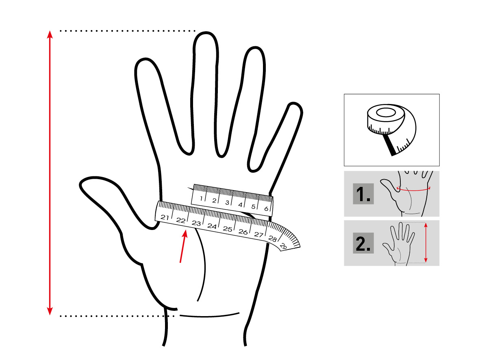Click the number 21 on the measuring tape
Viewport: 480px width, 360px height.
pos(165,217)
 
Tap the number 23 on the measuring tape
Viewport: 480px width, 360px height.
pos(196,223)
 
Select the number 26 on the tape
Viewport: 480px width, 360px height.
pos(243,232)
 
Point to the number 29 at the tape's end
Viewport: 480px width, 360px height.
pos(283,246)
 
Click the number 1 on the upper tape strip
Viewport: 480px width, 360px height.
pos(201,198)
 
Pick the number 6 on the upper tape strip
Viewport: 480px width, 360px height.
pos(266,209)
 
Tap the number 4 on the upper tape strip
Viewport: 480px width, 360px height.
pos(240,204)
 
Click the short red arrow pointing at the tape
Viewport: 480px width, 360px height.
pos(183,246)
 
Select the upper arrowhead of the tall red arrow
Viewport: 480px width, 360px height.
pos(50,34)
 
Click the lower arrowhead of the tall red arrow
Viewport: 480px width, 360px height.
pos(50,311)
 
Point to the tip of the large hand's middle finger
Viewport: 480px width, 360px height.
pos(206,32)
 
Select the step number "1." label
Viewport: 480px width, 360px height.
pos(363,194)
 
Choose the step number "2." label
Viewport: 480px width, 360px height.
pos(363,243)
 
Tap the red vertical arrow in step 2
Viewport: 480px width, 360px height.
pos(426,243)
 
